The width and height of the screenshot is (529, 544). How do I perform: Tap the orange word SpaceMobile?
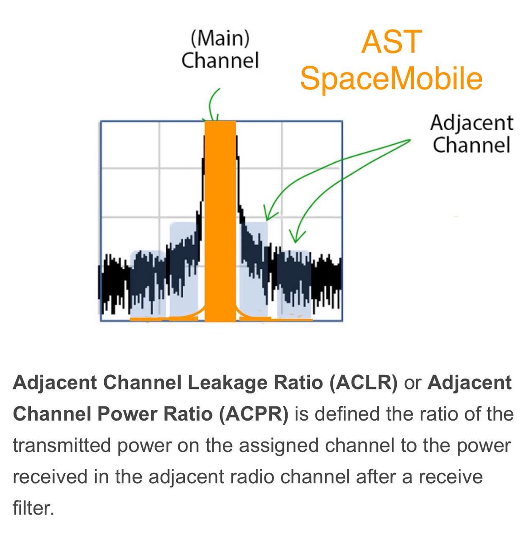point(391,78)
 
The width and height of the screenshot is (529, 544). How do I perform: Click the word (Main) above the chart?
point(220,39)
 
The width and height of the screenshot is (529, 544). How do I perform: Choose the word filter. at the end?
point(33,508)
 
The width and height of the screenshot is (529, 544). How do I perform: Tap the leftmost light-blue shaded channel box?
point(147,283)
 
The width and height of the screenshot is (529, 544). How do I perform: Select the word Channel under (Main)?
point(220,60)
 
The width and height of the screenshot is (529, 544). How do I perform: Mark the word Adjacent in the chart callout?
point(471,123)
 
